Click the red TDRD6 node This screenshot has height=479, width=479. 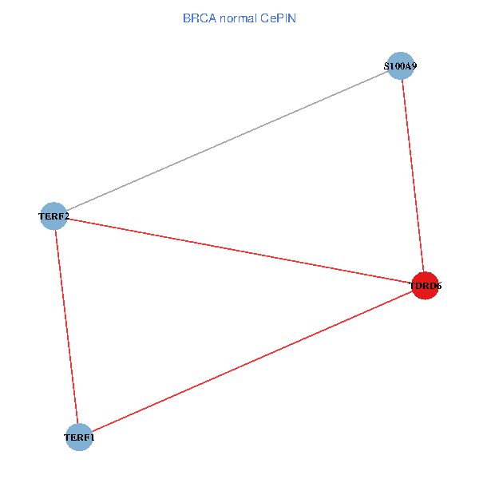[x=426, y=286]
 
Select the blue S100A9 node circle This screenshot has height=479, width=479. [x=401, y=65]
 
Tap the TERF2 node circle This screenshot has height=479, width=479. [x=53, y=216]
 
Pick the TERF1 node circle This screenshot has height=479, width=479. [x=79, y=437]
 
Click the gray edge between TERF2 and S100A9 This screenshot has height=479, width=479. [x=228, y=141]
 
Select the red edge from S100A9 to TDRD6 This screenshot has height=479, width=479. [x=413, y=176]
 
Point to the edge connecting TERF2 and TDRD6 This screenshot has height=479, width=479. [x=239, y=251]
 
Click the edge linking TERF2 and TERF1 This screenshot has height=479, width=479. [x=66, y=327]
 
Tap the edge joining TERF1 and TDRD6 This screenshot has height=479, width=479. [x=252, y=362]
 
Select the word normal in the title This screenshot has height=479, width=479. [x=238, y=18]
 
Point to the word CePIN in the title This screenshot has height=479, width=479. [x=278, y=18]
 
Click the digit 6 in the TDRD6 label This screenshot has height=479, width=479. [x=438, y=286]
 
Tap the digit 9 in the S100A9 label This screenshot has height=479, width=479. [x=414, y=66]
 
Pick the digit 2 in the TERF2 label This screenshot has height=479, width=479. [x=66, y=216]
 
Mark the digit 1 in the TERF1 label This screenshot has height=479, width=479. [x=92, y=437]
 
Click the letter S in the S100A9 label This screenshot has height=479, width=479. [x=386, y=66]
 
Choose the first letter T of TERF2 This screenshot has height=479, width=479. [x=42, y=216]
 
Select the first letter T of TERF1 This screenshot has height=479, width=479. [x=67, y=437]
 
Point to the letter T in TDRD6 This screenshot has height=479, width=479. [x=413, y=286]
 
